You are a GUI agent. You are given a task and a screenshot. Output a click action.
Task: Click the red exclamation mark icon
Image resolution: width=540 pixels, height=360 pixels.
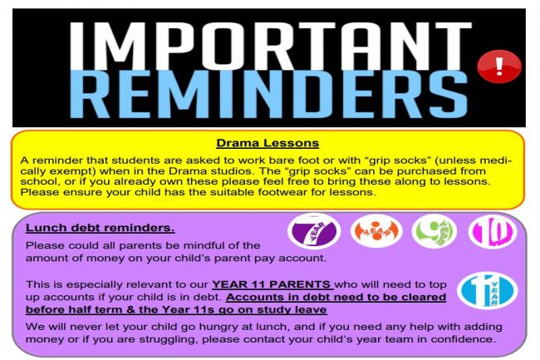pos(499,67)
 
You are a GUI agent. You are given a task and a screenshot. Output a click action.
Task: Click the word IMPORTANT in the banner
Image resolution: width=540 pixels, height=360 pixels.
pos(271,46)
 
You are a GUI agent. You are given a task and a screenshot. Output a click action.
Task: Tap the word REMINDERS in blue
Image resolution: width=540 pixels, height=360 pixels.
pos(268,94)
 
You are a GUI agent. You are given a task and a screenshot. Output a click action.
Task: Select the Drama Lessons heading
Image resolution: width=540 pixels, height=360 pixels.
pos(268,143)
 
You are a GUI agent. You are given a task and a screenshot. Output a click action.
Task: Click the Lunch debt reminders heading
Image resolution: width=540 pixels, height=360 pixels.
pos(101,228)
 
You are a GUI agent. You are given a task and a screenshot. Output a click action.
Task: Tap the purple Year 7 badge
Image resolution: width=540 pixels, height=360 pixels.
pos(314,230)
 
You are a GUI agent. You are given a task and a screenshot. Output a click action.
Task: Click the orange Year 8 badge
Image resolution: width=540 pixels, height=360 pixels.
pos(376,230)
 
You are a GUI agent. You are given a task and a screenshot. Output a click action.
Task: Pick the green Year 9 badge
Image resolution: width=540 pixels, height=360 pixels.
pos(434,231)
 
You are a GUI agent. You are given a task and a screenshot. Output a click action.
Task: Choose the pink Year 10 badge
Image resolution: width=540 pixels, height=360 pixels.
pos(493,231)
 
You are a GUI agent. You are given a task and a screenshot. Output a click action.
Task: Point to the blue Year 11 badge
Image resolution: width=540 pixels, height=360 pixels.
pos(488,290)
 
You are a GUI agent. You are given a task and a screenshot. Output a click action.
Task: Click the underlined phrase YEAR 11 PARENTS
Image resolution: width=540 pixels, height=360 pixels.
pos(272,284)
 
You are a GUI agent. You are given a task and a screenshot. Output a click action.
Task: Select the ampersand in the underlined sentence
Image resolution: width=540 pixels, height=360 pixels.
pos(130,309)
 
